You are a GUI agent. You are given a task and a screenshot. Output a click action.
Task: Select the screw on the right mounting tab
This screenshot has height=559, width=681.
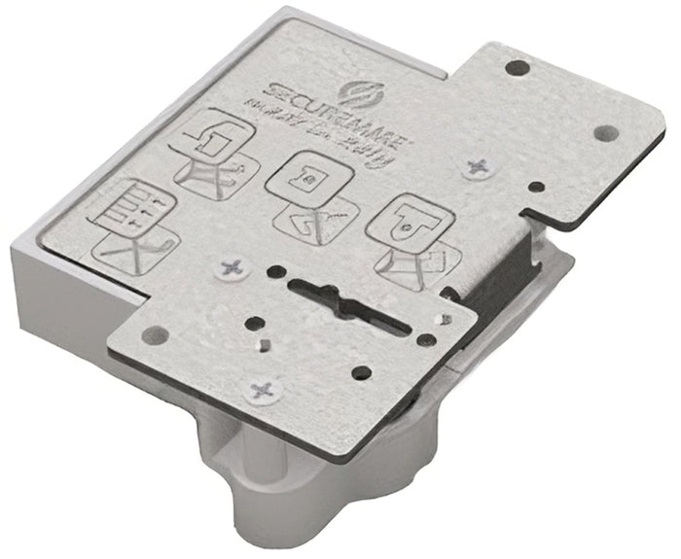coord(478,168)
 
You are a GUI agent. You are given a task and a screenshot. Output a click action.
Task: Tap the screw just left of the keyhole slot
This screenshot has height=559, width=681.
coord(232,265)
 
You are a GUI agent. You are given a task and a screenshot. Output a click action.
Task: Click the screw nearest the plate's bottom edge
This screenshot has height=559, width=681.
coord(264,391)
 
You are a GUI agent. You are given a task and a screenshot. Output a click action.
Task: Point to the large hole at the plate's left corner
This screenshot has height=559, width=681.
coord(148,334)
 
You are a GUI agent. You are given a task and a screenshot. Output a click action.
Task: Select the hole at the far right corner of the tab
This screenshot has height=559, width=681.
coord(605,131)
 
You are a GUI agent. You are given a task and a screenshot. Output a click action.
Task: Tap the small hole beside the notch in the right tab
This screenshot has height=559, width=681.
coord(534,186)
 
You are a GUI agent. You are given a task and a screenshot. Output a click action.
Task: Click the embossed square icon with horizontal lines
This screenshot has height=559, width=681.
coord(131,208)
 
